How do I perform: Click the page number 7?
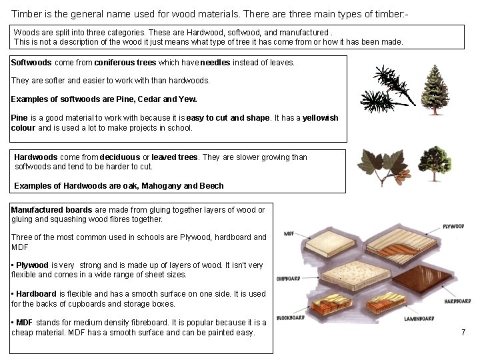point(463,332)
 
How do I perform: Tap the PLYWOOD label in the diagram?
point(453,227)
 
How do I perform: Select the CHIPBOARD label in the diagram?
point(287,278)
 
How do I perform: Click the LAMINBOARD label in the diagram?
point(419,319)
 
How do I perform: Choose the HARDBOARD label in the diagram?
point(457,301)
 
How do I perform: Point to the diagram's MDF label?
point(290,234)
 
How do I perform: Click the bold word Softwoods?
point(31,63)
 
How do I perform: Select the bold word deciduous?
point(119,157)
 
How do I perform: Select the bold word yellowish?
point(320,118)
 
